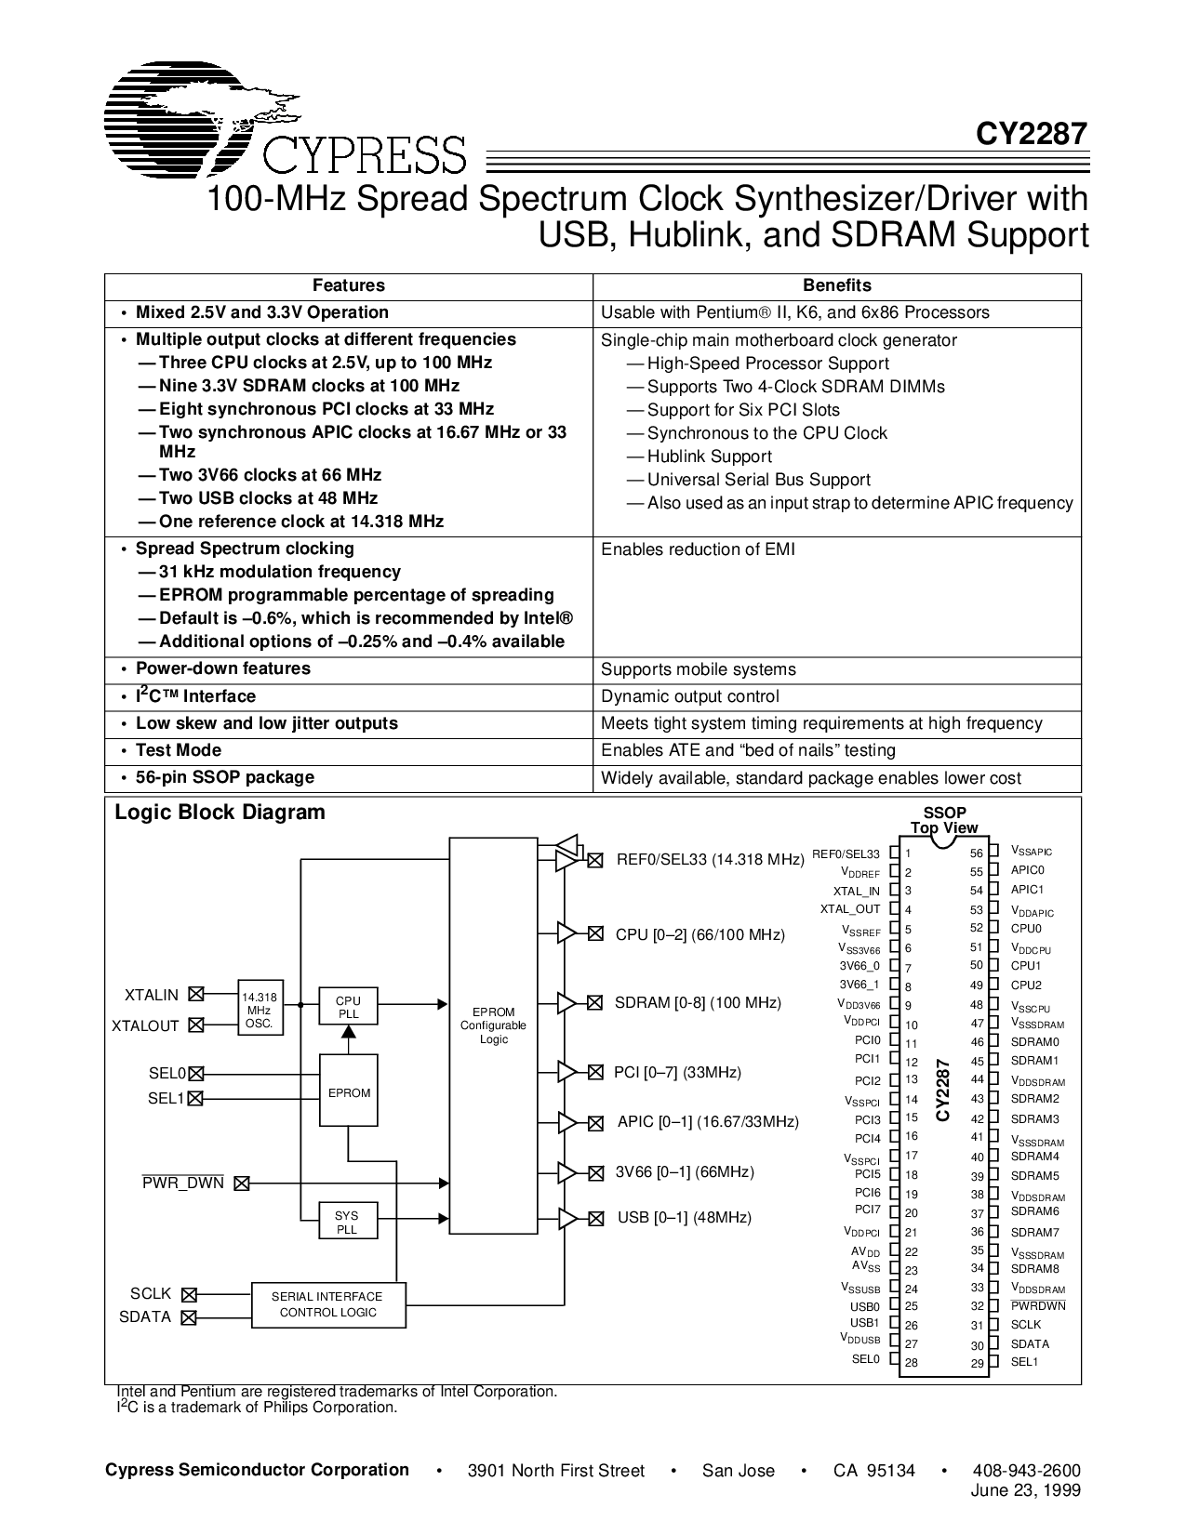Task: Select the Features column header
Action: pyautogui.click(x=348, y=286)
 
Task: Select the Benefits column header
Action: pyautogui.click(x=836, y=286)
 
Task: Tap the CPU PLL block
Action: pyautogui.click(x=348, y=1007)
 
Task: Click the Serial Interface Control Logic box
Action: pyautogui.click(x=327, y=1304)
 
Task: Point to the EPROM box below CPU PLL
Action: pyautogui.click(x=349, y=1092)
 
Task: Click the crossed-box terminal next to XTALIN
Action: pyautogui.click(x=195, y=994)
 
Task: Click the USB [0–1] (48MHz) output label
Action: pyautogui.click(x=685, y=1217)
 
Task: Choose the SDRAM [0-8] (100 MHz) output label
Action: pyautogui.click(x=698, y=1002)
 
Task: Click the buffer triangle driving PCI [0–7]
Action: pyautogui.click(x=566, y=1072)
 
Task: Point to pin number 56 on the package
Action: pyautogui.click(x=976, y=853)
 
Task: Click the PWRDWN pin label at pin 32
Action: pyautogui.click(x=1038, y=1305)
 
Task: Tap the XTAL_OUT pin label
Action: pyautogui.click(x=849, y=909)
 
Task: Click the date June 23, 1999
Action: pyautogui.click(x=1027, y=1488)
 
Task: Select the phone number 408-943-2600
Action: pyautogui.click(x=1026, y=1470)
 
